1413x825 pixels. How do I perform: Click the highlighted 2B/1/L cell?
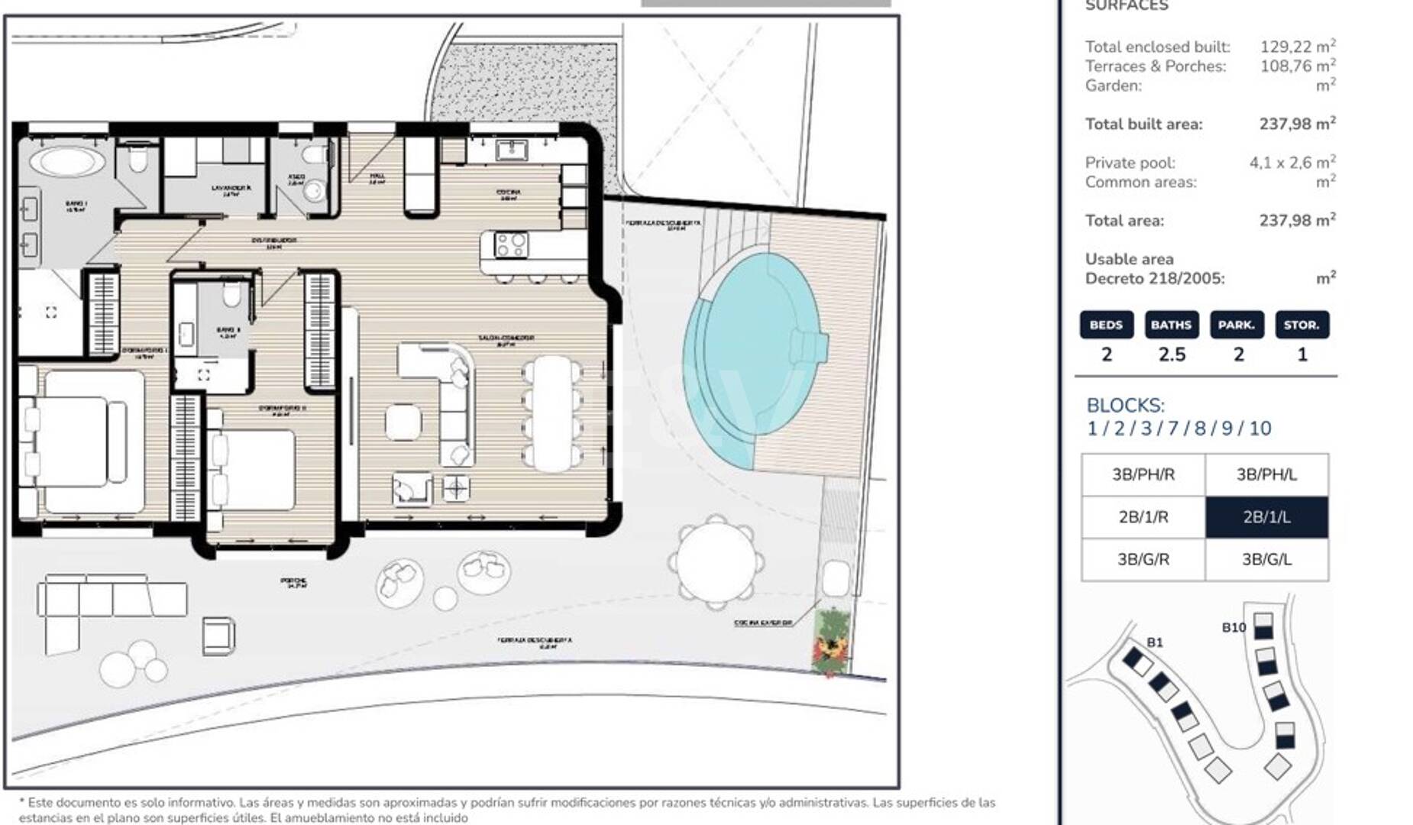click(1266, 517)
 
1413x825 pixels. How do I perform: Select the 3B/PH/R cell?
click(1143, 474)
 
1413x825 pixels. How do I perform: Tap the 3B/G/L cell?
click(1266, 560)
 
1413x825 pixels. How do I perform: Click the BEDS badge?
click(1106, 325)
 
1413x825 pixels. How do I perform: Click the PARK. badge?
click(1237, 325)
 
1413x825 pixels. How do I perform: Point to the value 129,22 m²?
click(1297, 47)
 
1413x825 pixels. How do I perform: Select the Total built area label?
click(1143, 125)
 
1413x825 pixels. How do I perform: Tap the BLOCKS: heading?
click(1125, 406)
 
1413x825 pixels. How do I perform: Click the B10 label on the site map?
click(1234, 628)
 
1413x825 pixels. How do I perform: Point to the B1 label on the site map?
click(1154, 642)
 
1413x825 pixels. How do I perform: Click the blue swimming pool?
click(752, 359)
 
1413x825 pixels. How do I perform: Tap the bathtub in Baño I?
click(68, 162)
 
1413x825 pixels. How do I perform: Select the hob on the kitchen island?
click(510, 245)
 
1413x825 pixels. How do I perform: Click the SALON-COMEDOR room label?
click(506, 339)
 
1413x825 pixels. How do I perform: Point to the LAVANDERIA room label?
click(231, 189)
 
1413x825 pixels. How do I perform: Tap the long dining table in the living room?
click(553, 413)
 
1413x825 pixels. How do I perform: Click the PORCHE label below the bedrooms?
click(293, 583)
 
